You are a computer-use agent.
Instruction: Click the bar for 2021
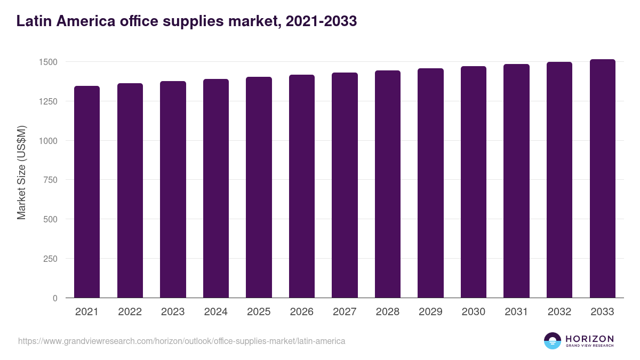(87, 192)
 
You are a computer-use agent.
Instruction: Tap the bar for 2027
(345, 185)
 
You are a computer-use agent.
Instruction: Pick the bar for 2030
(474, 182)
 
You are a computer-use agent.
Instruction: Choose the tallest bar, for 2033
(602, 179)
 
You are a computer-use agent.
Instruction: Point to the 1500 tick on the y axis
(47, 62)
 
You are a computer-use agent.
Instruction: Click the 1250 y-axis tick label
(47, 101)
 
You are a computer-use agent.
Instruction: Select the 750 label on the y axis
(50, 180)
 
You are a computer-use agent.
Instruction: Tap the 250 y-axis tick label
(50, 259)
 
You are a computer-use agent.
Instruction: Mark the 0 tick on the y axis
(55, 298)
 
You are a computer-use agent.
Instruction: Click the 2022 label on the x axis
(130, 312)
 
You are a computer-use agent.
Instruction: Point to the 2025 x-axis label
(259, 312)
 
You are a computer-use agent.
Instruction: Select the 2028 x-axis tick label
(388, 312)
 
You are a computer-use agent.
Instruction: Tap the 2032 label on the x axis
(559, 312)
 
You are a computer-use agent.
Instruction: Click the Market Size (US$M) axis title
(21, 172)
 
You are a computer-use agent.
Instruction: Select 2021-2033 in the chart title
(321, 21)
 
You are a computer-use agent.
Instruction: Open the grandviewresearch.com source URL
(181, 341)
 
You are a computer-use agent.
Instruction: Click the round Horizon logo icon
(553, 341)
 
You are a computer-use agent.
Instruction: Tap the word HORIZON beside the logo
(589, 339)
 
